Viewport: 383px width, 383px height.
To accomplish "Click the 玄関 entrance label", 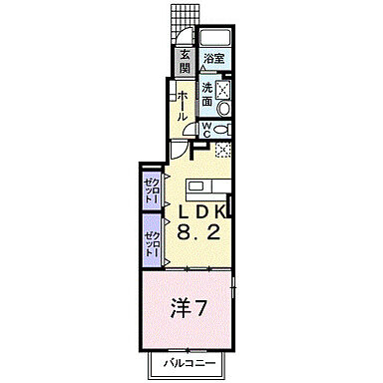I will pos(186,61).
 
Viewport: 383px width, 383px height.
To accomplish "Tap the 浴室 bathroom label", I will pos(213,58).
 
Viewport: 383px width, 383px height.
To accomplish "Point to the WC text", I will pos(206,129).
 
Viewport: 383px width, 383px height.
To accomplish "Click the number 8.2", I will pos(198,234).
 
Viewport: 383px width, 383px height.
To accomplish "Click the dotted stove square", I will pos(225,151).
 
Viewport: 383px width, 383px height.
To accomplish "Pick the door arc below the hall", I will pos(178,150).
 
